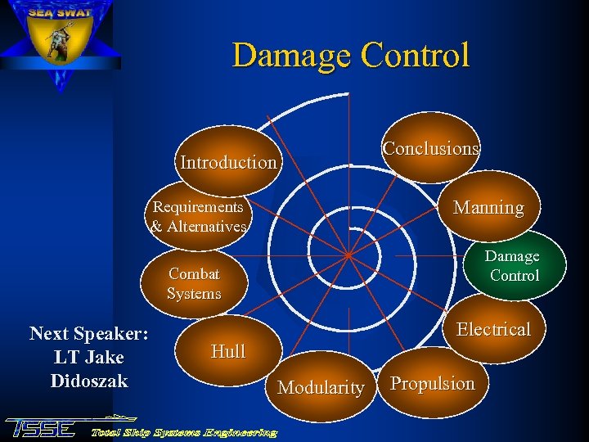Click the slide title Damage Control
[351, 56]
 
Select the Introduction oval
[228, 162]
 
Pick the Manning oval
[488, 208]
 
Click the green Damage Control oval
[512, 266]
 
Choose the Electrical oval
[493, 329]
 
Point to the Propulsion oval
[432, 384]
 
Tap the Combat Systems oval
[194, 284]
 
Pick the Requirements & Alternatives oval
[198, 217]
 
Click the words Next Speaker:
[88, 334]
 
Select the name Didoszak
[88, 381]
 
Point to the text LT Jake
[88, 358]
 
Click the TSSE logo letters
[41, 428]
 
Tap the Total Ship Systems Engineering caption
[184, 431]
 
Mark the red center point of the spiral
[348, 255]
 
